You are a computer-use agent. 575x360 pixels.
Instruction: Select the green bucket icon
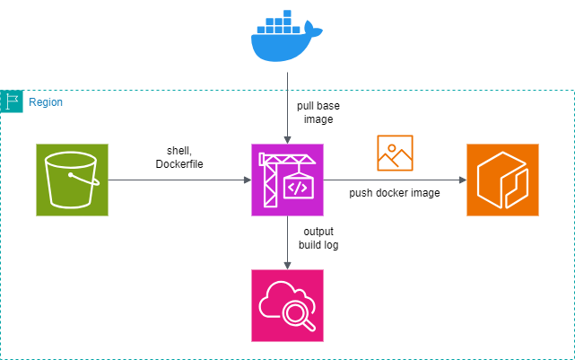coord(72,180)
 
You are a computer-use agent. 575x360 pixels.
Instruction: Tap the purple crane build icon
coord(287,180)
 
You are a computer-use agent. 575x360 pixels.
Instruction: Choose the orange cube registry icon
coord(502,180)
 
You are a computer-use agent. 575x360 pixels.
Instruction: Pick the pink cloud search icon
coord(287,305)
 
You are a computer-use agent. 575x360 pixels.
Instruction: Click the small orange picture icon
coord(395,153)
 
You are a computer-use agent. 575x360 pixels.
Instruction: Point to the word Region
coord(45,102)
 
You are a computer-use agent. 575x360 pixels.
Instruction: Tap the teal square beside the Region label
coord(11,101)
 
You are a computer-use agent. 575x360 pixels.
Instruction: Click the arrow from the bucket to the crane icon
coord(179,180)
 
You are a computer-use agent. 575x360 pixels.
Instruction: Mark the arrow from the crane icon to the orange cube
coord(395,180)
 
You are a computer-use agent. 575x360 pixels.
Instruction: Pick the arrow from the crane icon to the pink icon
coord(287,242)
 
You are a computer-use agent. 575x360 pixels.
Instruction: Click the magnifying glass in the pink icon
coord(299,314)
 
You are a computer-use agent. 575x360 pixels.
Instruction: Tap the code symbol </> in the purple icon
coord(298,189)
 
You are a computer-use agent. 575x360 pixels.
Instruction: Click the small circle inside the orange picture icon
coord(391,146)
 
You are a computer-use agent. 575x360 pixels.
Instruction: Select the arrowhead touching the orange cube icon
coord(462,180)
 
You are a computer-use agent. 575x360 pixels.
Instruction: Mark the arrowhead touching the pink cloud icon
coord(287,265)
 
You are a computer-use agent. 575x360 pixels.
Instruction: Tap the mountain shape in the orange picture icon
coord(395,161)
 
